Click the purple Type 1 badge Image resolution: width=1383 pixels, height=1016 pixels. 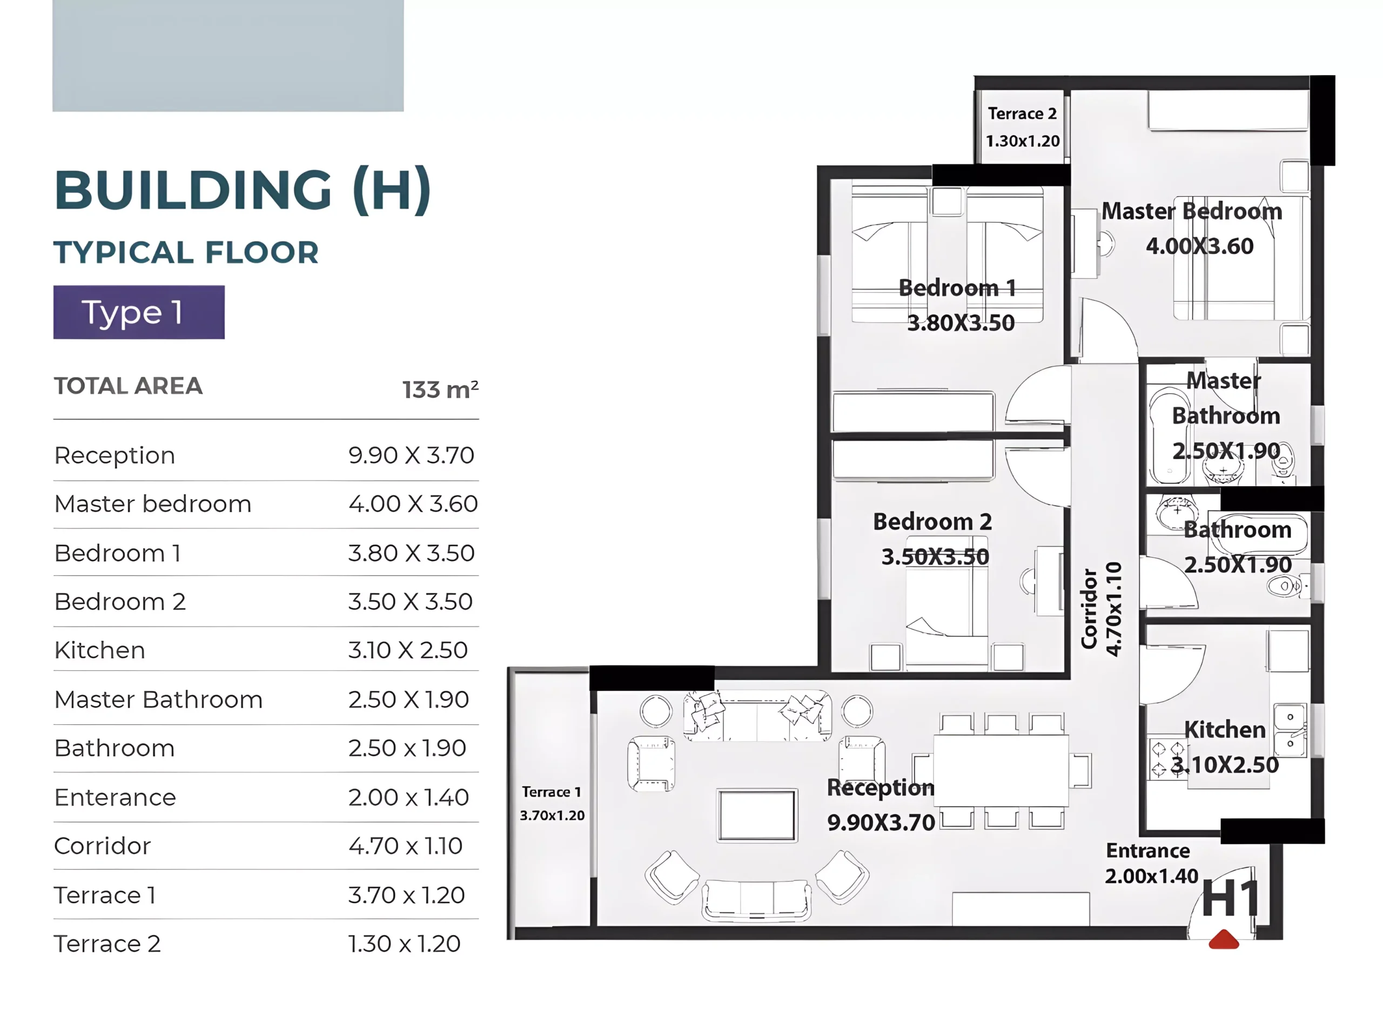coord(138,312)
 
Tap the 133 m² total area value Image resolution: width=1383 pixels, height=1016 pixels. coord(440,389)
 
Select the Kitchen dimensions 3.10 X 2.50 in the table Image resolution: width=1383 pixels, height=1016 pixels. coord(408,650)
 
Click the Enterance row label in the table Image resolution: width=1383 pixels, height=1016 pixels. coord(115,797)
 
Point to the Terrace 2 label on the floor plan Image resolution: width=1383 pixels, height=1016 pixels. coord(1022,114)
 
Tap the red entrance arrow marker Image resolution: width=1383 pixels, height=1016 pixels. coord(1223,939)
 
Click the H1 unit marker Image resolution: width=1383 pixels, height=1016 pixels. coord(1230,899)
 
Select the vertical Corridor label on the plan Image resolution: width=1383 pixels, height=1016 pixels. coord(1089,608)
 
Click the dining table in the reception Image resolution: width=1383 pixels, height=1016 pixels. coord(1001,770)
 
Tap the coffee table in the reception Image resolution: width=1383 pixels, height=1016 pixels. coord(757,815)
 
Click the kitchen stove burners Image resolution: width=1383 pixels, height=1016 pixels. coord(1167,759)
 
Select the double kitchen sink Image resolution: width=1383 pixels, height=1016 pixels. coord(1290,730)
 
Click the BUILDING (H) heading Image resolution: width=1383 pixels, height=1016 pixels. coord(243,190)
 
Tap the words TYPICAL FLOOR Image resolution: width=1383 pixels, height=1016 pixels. coord(186,252)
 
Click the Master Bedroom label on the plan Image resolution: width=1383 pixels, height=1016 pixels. coord(1191,211)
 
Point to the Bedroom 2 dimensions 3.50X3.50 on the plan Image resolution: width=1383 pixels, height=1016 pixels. coord(935,556)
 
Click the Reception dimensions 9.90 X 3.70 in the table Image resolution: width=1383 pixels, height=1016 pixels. coord(411,455)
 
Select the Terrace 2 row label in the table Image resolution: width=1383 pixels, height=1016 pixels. coord(108,944)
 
